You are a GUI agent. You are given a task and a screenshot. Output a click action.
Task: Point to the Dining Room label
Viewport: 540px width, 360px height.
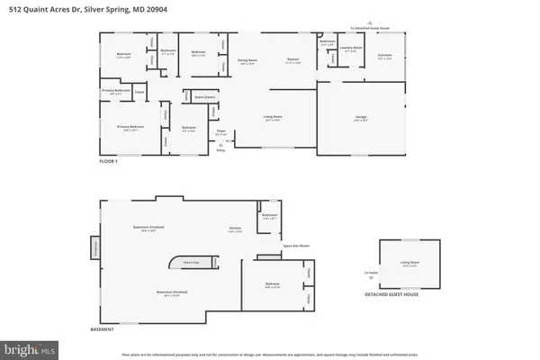(x=246, y=61)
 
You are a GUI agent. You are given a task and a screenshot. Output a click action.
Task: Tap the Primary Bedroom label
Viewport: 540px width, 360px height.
(x=130, y=129)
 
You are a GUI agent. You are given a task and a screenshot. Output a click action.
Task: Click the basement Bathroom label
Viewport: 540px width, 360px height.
(x=268, y=216)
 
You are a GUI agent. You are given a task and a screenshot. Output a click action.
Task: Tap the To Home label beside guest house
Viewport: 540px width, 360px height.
(x=371, y=273)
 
